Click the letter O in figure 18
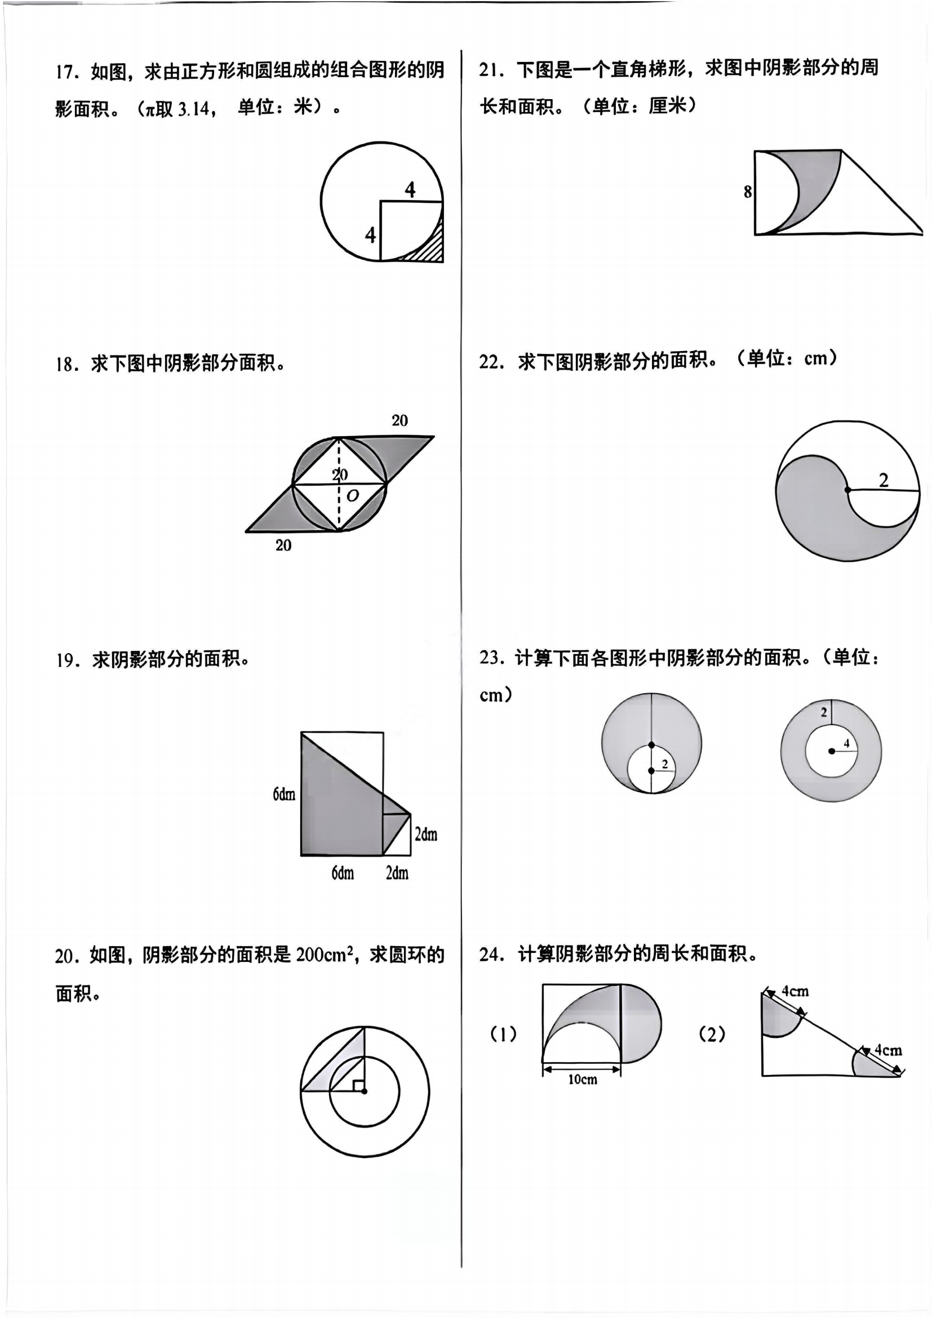tap(353, 495)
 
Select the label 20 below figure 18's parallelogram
tap(283, 545)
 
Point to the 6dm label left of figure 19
tap(284, 795)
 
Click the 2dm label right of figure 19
tap(426, 834)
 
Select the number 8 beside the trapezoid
tap(747, 192)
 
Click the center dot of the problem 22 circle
tap(847, 490)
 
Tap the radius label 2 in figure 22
tap(883, 480)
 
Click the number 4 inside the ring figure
tap(846, 743)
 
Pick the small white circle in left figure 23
tap(651, 769)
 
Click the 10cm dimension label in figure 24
tap(583, 1080)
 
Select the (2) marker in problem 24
tap(712, 1034)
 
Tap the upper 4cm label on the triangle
tap(795, 991)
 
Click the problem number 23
tap(491, 657)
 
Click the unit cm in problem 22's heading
tap(815, 359)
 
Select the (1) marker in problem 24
tap(503, 1034)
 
